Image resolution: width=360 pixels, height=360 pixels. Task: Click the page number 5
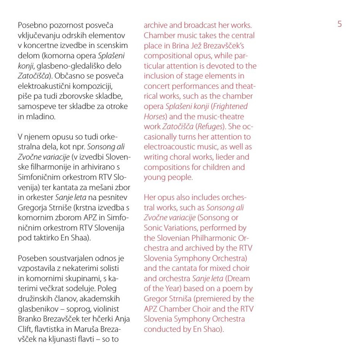point(340,24)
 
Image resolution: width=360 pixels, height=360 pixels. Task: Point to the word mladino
point(41,116)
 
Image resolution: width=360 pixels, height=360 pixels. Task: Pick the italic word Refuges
point(212,126)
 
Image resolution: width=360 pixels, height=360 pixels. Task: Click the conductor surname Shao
point(213,330)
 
